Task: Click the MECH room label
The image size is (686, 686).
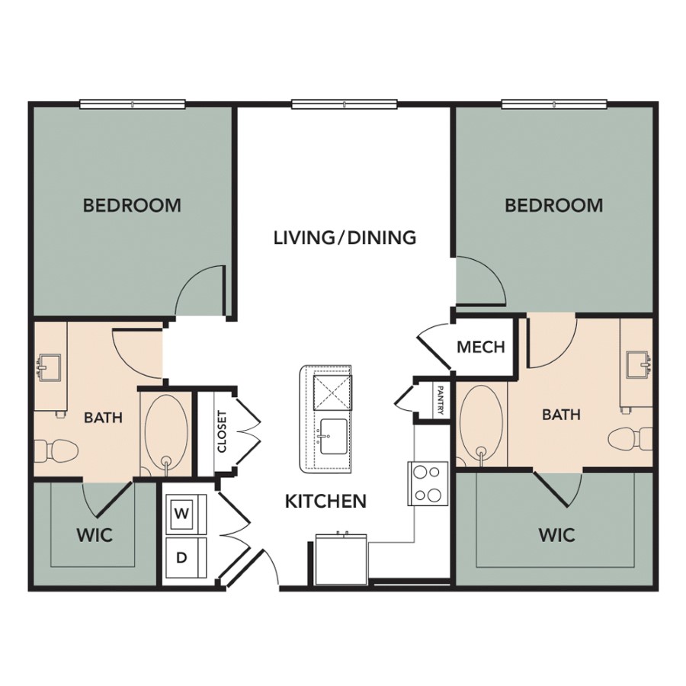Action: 481,347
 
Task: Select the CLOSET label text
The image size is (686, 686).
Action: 223,431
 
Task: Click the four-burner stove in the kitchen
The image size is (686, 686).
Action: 428,483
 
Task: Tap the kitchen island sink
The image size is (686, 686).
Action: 333,437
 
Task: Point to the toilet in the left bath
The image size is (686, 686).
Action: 56,450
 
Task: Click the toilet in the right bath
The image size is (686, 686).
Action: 630,439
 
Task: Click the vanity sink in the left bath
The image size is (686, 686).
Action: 49,368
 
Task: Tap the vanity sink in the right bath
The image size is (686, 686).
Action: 638,364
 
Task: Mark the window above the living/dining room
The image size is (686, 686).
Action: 345,104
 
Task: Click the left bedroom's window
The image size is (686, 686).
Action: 133,104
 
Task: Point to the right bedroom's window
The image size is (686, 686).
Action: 554,104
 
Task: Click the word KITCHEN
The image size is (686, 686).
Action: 325,501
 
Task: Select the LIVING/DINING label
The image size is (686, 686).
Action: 345,238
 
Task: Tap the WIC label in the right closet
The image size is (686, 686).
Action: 556,534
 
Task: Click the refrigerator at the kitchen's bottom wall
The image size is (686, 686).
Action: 341,559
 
